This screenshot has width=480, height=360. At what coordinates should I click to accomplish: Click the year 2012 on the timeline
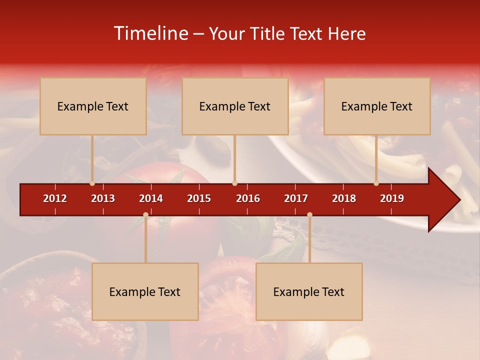pos(55,198)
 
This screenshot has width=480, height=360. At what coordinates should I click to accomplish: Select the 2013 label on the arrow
pos(103,198)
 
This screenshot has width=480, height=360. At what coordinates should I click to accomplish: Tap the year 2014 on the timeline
pos(151,198)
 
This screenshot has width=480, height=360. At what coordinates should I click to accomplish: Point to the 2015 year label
pos(199,198)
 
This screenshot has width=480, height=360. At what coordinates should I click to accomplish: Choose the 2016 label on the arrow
pos(248,198)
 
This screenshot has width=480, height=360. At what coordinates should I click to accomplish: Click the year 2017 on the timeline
pos(296,198)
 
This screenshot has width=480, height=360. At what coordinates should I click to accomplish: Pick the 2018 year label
pos(344,198)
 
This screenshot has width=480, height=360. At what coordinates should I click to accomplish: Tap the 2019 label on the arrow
pos(392,198)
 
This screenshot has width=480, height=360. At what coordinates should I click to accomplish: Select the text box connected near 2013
pos(93,106)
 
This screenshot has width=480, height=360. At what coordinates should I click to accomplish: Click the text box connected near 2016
pos(235,106)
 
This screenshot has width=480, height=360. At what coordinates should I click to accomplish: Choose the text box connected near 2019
pos(377,106)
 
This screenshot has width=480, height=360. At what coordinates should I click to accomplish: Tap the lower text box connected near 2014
pos(145,291)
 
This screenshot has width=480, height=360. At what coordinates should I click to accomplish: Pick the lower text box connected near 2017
pos(309,291)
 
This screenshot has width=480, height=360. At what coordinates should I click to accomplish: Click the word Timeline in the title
pos(150,33)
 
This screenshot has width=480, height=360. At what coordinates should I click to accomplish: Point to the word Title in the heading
pos(269,33)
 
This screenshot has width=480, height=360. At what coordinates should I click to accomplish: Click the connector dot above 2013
pos(92,183)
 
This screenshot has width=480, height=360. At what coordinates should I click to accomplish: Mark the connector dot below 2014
pos(145,214)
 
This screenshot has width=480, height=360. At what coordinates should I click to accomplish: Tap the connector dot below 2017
pos(309,214)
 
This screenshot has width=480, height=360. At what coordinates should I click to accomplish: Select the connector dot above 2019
pos(376,183)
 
